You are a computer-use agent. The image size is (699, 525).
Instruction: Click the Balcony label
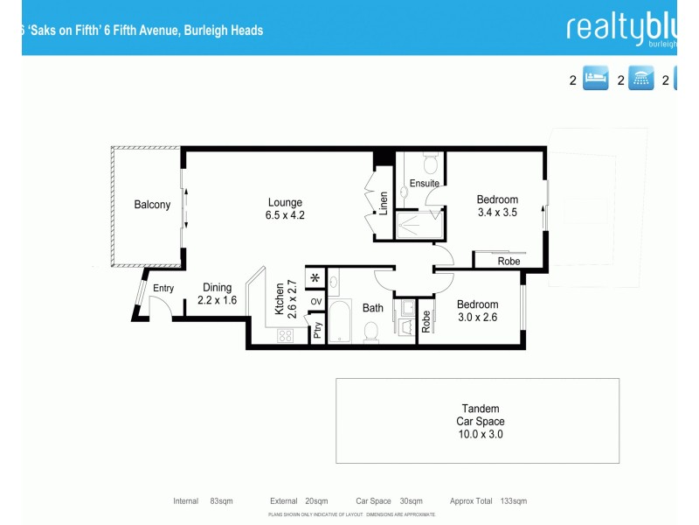tap(152, 205)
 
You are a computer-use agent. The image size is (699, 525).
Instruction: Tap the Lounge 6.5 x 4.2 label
tap(286, 207)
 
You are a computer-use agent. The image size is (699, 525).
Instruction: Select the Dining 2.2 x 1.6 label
tap(217, 293)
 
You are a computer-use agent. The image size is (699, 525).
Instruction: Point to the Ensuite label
tap(424, 183)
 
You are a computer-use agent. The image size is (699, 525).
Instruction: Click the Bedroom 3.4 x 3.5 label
tap(497, 206)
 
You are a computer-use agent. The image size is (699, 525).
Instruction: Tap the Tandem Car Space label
tap(480, 421)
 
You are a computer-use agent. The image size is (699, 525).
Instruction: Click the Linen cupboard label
tap(383, 204)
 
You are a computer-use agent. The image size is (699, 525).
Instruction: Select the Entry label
tap(163, 289)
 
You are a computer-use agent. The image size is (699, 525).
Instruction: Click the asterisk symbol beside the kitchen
tap(315, 280)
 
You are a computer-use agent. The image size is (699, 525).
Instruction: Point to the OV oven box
tap(316, 303)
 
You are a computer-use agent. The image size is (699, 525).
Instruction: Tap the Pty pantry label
tap(317, 331)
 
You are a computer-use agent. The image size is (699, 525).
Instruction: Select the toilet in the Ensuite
tap(429, 164)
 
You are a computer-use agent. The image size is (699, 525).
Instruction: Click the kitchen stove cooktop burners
tap(285, 335)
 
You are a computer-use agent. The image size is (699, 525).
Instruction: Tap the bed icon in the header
tap(595, 80)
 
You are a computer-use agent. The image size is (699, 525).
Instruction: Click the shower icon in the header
tap(642, 80)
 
